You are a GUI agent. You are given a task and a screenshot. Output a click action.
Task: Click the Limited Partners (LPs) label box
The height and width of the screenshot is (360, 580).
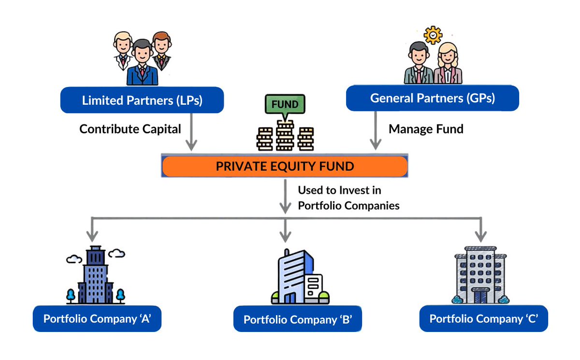click(142, 101)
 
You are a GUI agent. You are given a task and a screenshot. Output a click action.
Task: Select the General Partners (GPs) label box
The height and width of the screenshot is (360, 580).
click(433, 98)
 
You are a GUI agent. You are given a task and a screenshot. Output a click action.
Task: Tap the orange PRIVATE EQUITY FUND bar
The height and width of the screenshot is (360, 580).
click(285, 167)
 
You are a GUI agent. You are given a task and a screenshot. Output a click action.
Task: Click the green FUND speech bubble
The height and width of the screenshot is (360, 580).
click(285, 104)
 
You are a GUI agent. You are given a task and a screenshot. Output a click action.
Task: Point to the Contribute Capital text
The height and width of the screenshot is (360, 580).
click(130, 129)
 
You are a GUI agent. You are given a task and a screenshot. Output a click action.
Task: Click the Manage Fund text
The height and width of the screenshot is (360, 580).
click(426, 129)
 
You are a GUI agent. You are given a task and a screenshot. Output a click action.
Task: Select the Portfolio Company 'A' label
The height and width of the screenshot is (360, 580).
click(97, 318)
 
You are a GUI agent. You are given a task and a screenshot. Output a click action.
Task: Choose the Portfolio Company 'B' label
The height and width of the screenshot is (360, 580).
click(297, 319)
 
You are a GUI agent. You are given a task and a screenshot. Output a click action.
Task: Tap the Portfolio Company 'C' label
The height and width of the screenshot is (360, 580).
click(483, 318)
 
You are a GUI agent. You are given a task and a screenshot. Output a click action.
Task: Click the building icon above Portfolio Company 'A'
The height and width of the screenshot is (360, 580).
click(95, 275)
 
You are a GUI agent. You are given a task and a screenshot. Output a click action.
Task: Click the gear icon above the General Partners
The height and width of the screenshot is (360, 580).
click(433, 35)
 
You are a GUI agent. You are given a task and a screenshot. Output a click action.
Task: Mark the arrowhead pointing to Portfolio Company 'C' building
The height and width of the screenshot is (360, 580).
click(480, 236)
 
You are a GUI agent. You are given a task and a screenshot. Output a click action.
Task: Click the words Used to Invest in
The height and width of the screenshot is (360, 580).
click(339, 190)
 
